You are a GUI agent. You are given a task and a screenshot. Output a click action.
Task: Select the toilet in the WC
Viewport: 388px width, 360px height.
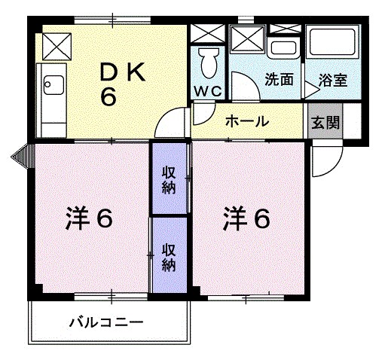[x=207, y=62]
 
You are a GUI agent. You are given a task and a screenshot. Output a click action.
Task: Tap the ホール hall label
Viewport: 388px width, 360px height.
[x=243, y=121]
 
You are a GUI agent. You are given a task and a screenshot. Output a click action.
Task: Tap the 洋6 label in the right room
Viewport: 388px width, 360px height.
[x=246, y=218]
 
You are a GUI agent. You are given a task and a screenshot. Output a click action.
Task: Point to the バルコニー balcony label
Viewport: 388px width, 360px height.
[x=105, y=323]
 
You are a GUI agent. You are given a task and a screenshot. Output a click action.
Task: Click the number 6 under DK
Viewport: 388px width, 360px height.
[x=108, y=98]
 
